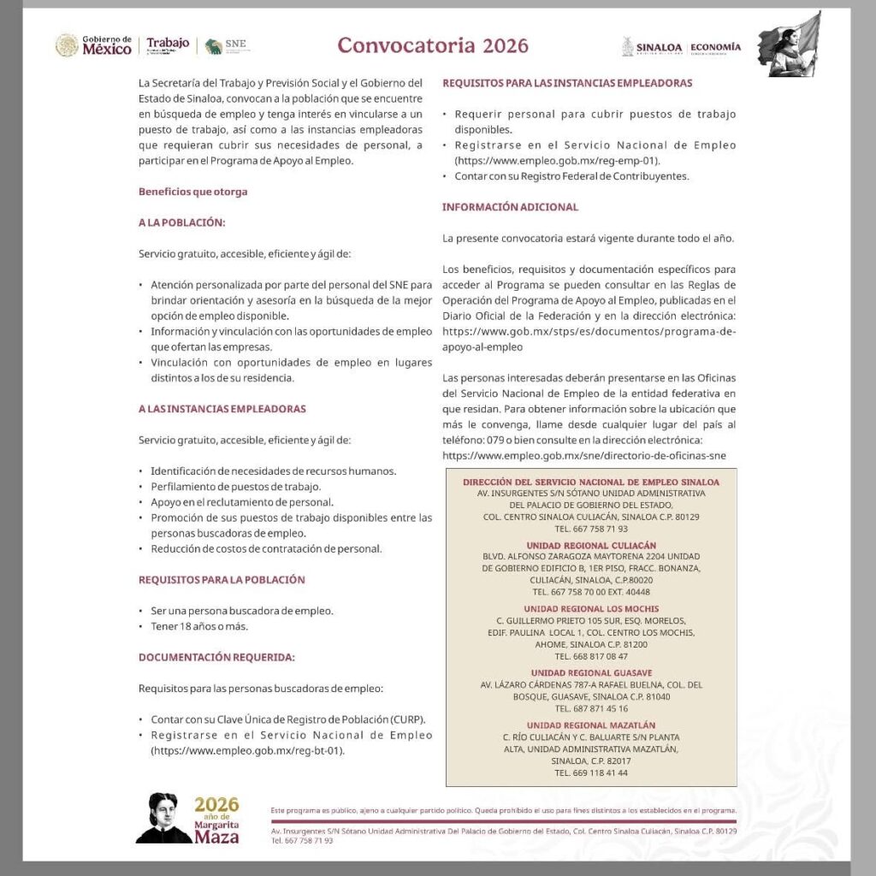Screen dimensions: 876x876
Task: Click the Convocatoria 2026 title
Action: point(433,45)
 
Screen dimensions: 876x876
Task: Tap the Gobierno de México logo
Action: point(94,45)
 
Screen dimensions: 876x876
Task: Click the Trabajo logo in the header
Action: point(167,45)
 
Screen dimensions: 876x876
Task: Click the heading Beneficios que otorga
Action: point(192,192)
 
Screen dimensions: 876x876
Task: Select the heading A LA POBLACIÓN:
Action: point(181,222)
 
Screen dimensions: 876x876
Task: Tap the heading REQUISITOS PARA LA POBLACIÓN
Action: point(222,579)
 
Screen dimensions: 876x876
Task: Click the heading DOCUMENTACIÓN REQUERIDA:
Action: point(216,657)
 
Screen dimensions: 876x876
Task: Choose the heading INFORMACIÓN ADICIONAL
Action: point(510,207)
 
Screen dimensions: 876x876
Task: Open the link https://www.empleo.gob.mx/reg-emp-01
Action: point(557,160)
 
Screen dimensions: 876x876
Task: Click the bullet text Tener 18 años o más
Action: point(199,626)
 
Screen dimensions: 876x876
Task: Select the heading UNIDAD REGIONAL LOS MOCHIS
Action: point(591,608)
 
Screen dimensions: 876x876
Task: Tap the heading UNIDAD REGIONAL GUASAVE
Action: point(591,672)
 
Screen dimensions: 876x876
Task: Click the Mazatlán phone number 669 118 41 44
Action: point(591,772)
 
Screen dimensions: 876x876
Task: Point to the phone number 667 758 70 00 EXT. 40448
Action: point(591,591)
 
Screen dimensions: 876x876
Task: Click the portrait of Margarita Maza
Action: point(163,818)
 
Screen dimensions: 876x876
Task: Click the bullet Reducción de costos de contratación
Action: point(266,548)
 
